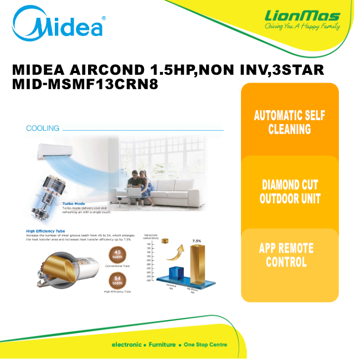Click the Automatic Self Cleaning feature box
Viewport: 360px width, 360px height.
(290, 122)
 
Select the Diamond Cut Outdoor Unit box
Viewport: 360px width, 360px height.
(290, 191)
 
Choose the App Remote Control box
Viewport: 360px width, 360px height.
(290, 255)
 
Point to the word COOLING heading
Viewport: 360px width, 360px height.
(43, 128)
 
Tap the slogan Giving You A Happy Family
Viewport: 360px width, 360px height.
(302, 26)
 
